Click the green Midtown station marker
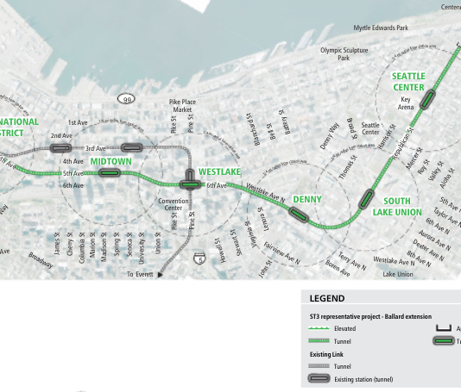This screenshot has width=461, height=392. [x=109, y=173]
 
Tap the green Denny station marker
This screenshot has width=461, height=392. [x=298, y=215]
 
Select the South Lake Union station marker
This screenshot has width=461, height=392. [x=368, y=196]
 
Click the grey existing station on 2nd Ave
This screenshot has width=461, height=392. [x=60, y=149]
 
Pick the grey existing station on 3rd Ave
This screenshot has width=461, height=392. [x=131, y=148]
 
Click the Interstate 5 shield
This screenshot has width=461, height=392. [x=200, y=258]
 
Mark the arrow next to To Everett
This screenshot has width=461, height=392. [x=161, y=275]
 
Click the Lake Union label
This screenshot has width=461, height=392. [x=398, y=274]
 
